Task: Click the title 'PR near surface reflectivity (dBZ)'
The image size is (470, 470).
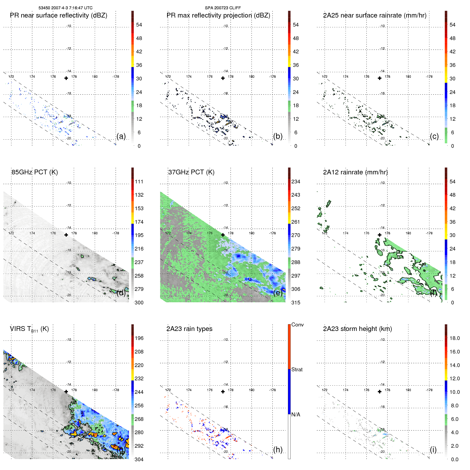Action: pos(58,15)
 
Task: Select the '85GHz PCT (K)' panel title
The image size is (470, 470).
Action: pos(35,172)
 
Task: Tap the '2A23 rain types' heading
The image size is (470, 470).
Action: pos(189,329)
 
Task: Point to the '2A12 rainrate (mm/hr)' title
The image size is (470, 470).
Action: pos(355,172)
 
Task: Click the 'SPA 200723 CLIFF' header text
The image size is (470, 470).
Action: pos(223,8)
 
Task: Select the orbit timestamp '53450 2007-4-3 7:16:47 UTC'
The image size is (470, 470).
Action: pos(66,8)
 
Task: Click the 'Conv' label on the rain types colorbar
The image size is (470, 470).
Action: pos(297,325)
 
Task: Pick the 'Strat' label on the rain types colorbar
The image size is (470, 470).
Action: pos(297,369)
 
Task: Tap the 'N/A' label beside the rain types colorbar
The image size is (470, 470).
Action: pos(296,415)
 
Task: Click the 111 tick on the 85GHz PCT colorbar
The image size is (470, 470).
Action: pos(139,182)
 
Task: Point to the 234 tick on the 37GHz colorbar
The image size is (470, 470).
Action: pos(296,182)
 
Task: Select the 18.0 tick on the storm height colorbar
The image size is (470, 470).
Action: pos(455,338)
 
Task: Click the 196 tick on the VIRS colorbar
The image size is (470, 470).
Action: pos(139,338)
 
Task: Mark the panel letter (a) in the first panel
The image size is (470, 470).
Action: pos(121,136)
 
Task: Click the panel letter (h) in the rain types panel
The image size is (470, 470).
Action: pos(278,450)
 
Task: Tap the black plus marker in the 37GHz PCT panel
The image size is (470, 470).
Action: pos(223,235)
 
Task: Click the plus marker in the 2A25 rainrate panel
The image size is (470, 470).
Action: pos(380,78)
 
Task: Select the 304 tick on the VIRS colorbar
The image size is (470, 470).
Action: pos(139,459)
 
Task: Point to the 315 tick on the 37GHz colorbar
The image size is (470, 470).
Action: pos(296,303)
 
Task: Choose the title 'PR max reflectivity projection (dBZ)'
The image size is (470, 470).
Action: pos(218,15)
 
